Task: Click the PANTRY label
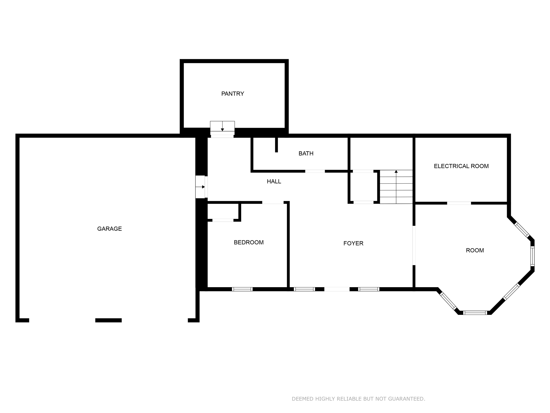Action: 233,94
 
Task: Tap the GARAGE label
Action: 109,229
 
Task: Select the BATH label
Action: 306,154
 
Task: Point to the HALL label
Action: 274,181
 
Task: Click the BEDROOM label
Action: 249,243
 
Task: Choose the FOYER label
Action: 353,243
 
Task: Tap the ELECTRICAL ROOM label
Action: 461,166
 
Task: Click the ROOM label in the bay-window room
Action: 475,250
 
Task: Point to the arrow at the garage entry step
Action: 203,187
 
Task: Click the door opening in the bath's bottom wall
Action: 315,171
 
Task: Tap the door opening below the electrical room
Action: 459,203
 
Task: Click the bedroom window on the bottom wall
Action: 242,289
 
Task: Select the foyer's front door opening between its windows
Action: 337,289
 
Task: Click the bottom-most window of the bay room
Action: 475,313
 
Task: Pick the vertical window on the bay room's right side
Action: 533,256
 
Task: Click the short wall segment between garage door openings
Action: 108,320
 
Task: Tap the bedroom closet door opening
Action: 223,220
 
